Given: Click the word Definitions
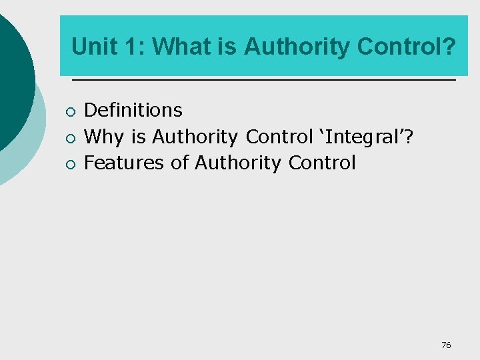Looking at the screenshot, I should tap(133, 110).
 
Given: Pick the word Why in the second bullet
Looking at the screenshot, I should tap(105, 137).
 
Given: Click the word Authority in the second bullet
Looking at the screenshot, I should tap(195, 137).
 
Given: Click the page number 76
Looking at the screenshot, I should tap(446, 345).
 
